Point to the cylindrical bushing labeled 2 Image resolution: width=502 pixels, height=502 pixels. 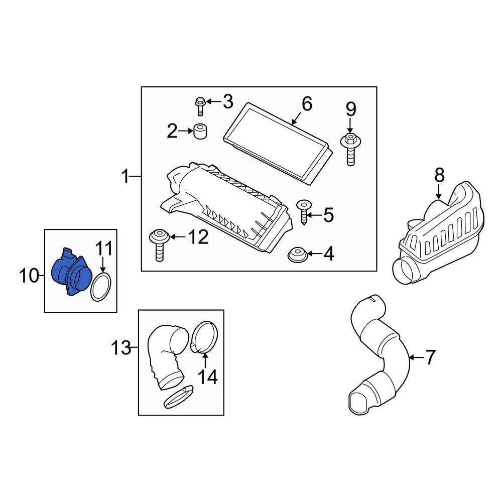tap(202, 132)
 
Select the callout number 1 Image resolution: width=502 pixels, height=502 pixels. tap(126, 177)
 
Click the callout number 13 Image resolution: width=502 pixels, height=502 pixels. tap(120, 347)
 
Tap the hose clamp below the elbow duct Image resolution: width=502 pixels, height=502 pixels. tap(178, 397)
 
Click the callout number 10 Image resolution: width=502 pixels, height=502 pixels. tap(29, 275)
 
